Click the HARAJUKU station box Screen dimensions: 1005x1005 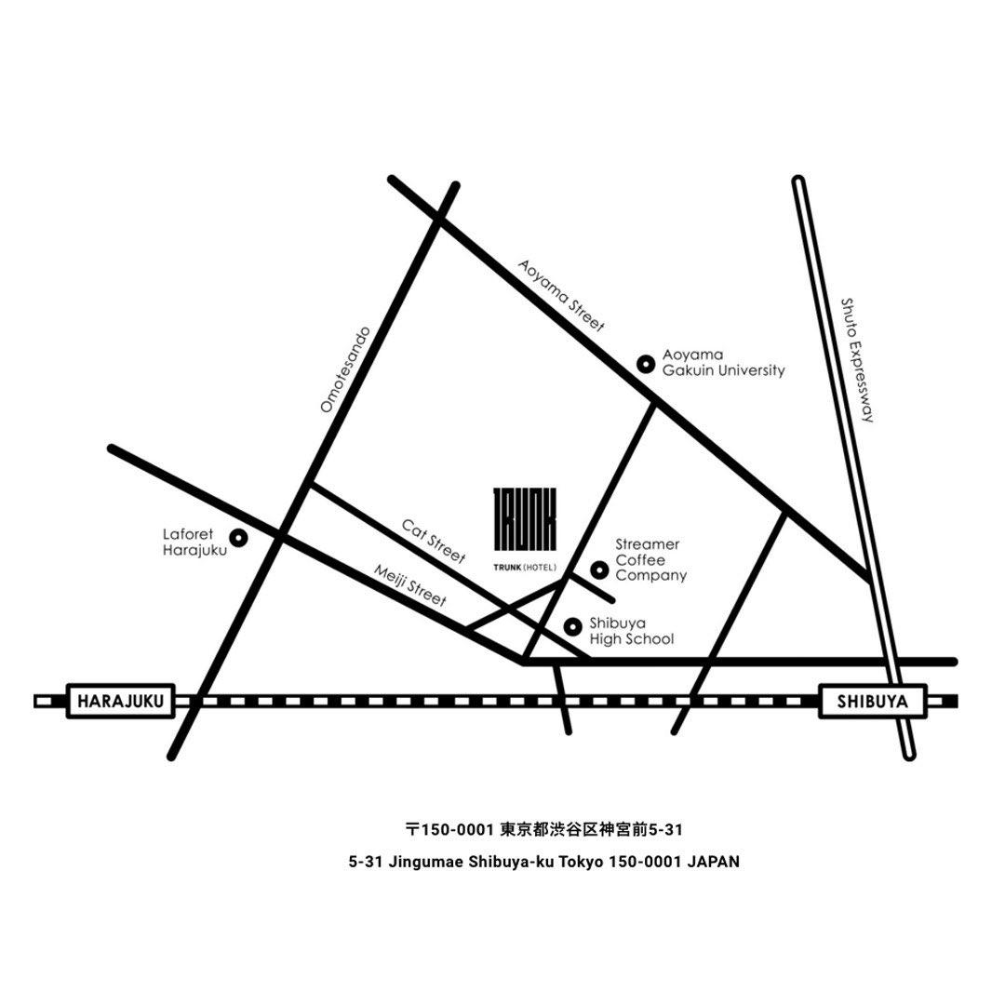pos(120,702)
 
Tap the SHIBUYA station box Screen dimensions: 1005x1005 pos(872,702)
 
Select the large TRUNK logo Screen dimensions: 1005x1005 pos(525,519)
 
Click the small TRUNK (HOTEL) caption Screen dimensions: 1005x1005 pos(525,568)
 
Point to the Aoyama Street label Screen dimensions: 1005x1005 pos(561,296)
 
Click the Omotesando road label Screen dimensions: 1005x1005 pos(345,369)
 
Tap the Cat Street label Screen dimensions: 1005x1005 pos(434,541)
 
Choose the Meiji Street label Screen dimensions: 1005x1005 pos(409,585)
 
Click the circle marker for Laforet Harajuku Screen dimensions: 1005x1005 pos(239,538)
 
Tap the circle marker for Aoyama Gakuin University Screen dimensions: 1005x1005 pos(646,364)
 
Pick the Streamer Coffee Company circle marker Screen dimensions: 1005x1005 pos(599,569)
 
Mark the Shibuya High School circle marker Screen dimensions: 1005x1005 pos(573,627)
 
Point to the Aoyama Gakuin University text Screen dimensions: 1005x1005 pos(724,362)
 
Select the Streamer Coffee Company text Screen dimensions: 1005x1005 pos(651,559)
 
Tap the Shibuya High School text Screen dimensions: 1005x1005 pos(632,631)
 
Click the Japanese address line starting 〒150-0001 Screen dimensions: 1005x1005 pos(544,830)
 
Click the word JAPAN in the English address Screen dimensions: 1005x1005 pos(713,862)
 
